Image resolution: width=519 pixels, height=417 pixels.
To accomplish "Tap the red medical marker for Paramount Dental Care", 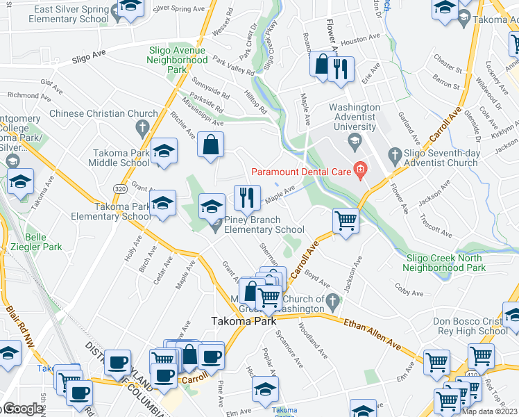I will click(x=359, y=168).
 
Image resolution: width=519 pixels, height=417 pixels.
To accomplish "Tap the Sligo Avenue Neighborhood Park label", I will click(x=176, y=60).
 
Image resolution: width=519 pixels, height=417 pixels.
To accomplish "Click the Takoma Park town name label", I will click(x=244, y=322).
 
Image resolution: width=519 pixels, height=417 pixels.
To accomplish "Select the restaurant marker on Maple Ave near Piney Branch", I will click(x=247, y=197).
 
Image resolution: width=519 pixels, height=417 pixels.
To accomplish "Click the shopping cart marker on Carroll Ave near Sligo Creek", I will click(x=346, y=221).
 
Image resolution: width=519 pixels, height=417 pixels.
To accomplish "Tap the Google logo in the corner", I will click(x=22, y=409).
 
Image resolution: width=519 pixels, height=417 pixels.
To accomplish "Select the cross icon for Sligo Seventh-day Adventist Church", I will click(x=395, y=154).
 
